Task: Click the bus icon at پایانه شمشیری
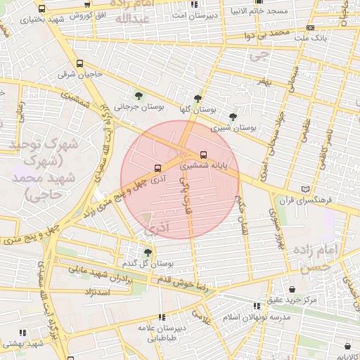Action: click(203, 154)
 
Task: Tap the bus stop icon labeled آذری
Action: click(157, 168)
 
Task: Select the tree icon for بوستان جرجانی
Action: click(138, 95)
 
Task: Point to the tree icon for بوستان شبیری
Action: click(233, 116)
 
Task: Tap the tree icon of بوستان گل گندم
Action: click(147, 252)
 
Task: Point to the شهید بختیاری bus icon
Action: click(42, 9)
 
